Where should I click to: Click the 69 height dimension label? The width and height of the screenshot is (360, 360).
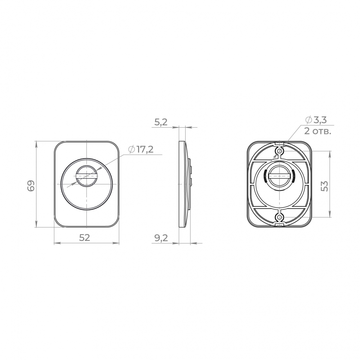pos(31,186)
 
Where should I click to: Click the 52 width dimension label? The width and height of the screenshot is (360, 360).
pos(85,238)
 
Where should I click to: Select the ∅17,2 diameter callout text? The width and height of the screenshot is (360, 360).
pos(141,150)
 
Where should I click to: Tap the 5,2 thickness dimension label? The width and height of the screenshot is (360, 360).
pos(161,122)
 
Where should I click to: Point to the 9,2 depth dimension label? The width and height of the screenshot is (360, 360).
pos(161,238)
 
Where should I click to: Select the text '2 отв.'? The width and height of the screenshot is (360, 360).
pos(318,131)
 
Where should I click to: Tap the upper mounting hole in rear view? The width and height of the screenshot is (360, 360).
pos(279,151)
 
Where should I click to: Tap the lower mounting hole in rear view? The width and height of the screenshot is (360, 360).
pos(279,217)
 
